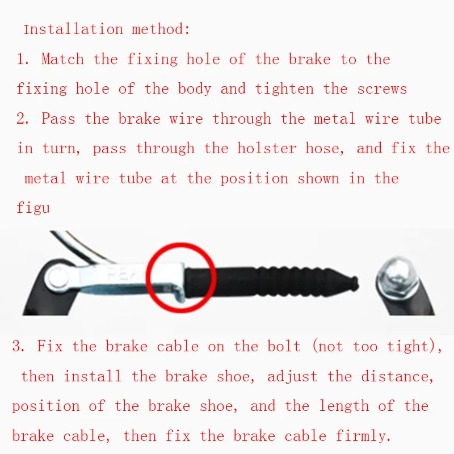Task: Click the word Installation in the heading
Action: tap(73, 30)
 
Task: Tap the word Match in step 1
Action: tap(62, 59)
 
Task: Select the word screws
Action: tap(382, 90)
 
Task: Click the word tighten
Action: tap(284, 89)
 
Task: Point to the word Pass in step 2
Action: tap(58, 119)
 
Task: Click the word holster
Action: tap(267, 148)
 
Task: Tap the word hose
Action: tap(324, 149)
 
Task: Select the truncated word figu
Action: tap(33, 208)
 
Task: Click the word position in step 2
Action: tap(254, 179)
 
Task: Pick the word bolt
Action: tap(284, 346)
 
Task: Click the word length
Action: tap(344, 406)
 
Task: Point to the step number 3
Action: tap(18, 346)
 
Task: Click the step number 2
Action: tap(22, 119)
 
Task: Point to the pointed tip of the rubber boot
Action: tap(358, 282)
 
